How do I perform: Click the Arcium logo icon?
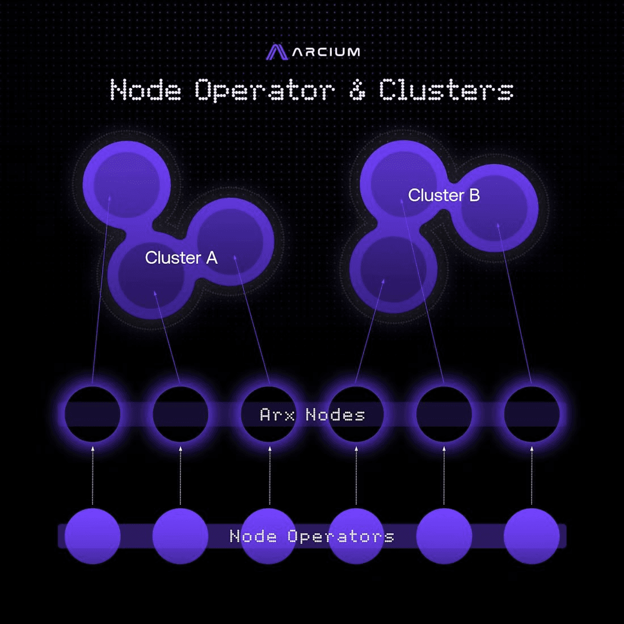pyautogui.click(x=277, y=52)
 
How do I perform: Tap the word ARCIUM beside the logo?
pyautogui.click(x=326, y=52)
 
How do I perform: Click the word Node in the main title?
pyautogui.click(x=146, y=90)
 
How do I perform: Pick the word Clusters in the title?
pyautogui.click(x=446, y=90)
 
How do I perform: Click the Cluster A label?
pyautogui.click(x=181, y=258)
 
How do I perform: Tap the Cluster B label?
pyautogui.click(x=444, y=195)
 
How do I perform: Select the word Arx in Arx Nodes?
pyautogui.click(x=277, y=415)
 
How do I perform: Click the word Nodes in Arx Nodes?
pyautogui.click(x=335, y=415)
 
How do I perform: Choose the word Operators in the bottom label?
pyautogui.click(x=340, y=536)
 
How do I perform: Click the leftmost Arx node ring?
pyautogui.click(x=92, y=415)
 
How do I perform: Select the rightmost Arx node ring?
pyautogui.click(x=532, y=415)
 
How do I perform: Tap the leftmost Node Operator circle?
pyautogui.click(x=92, y=536)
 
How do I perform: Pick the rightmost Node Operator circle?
pyautogui.click(x=532, y=536)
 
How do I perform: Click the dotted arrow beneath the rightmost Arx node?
pyautogui.click(x=532, y=477)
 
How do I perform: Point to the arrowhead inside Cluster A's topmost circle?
pyautogui.click(x=109, y=199)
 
